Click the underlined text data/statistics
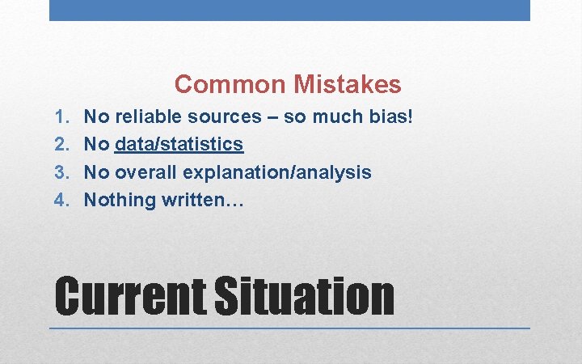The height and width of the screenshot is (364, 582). (x=179, y=145)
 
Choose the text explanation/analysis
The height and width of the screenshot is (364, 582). (x=277, y=172)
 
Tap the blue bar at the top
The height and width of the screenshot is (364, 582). (x=289, y=10)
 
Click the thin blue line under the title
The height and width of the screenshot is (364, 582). (x=289, y=328)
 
